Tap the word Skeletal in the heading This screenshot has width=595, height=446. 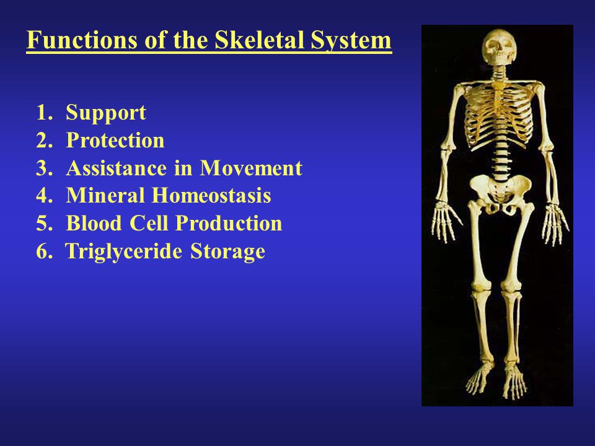(x=260, y=40)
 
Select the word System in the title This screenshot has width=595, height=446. (x=351, y=41)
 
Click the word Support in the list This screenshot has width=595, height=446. (x=106, y=113)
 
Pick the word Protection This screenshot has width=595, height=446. (x=115, y=140)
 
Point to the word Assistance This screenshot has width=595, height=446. (x=116, y=168)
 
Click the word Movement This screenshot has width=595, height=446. (x=251, y=168)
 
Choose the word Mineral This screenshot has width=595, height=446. (x=105, y=195)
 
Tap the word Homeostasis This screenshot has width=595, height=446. (x=211, y=195)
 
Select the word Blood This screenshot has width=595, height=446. (x=94, y=223)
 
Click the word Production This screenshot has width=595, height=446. (x=229, y=223)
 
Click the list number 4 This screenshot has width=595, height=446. (x=44, y=196)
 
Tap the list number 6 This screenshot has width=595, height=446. (x=44, y=251)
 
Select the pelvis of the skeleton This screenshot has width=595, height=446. (x=500, y=193)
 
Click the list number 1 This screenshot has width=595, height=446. (x=44, y=113)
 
